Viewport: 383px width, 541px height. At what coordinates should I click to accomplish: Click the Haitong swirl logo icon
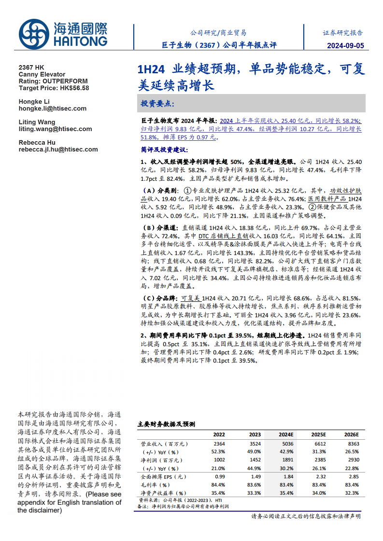pos(34,34)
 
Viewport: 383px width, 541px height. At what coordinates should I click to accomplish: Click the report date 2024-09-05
pos(345,45)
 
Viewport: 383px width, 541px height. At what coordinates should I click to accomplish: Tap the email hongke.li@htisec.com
pos(52,108)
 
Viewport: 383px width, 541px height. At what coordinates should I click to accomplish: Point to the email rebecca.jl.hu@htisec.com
pos(58,149)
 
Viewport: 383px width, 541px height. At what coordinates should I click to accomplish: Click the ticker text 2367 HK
pos(31,68)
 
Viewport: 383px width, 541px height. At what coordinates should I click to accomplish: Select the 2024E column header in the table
pos(286,434)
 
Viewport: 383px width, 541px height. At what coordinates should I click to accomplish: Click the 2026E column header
pos(351,434)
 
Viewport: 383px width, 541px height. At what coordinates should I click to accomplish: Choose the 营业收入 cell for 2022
pos(219,444)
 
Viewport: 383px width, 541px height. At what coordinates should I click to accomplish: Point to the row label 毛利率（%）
pos(156,485)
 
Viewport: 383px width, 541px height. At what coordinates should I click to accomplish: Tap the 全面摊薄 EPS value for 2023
pos(256,476)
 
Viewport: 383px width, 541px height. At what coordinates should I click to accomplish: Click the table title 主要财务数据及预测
pos(167,424)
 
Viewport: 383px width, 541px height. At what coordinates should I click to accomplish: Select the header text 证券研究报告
pos(343,33)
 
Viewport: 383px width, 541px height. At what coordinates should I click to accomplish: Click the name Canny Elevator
pos(42,74)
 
